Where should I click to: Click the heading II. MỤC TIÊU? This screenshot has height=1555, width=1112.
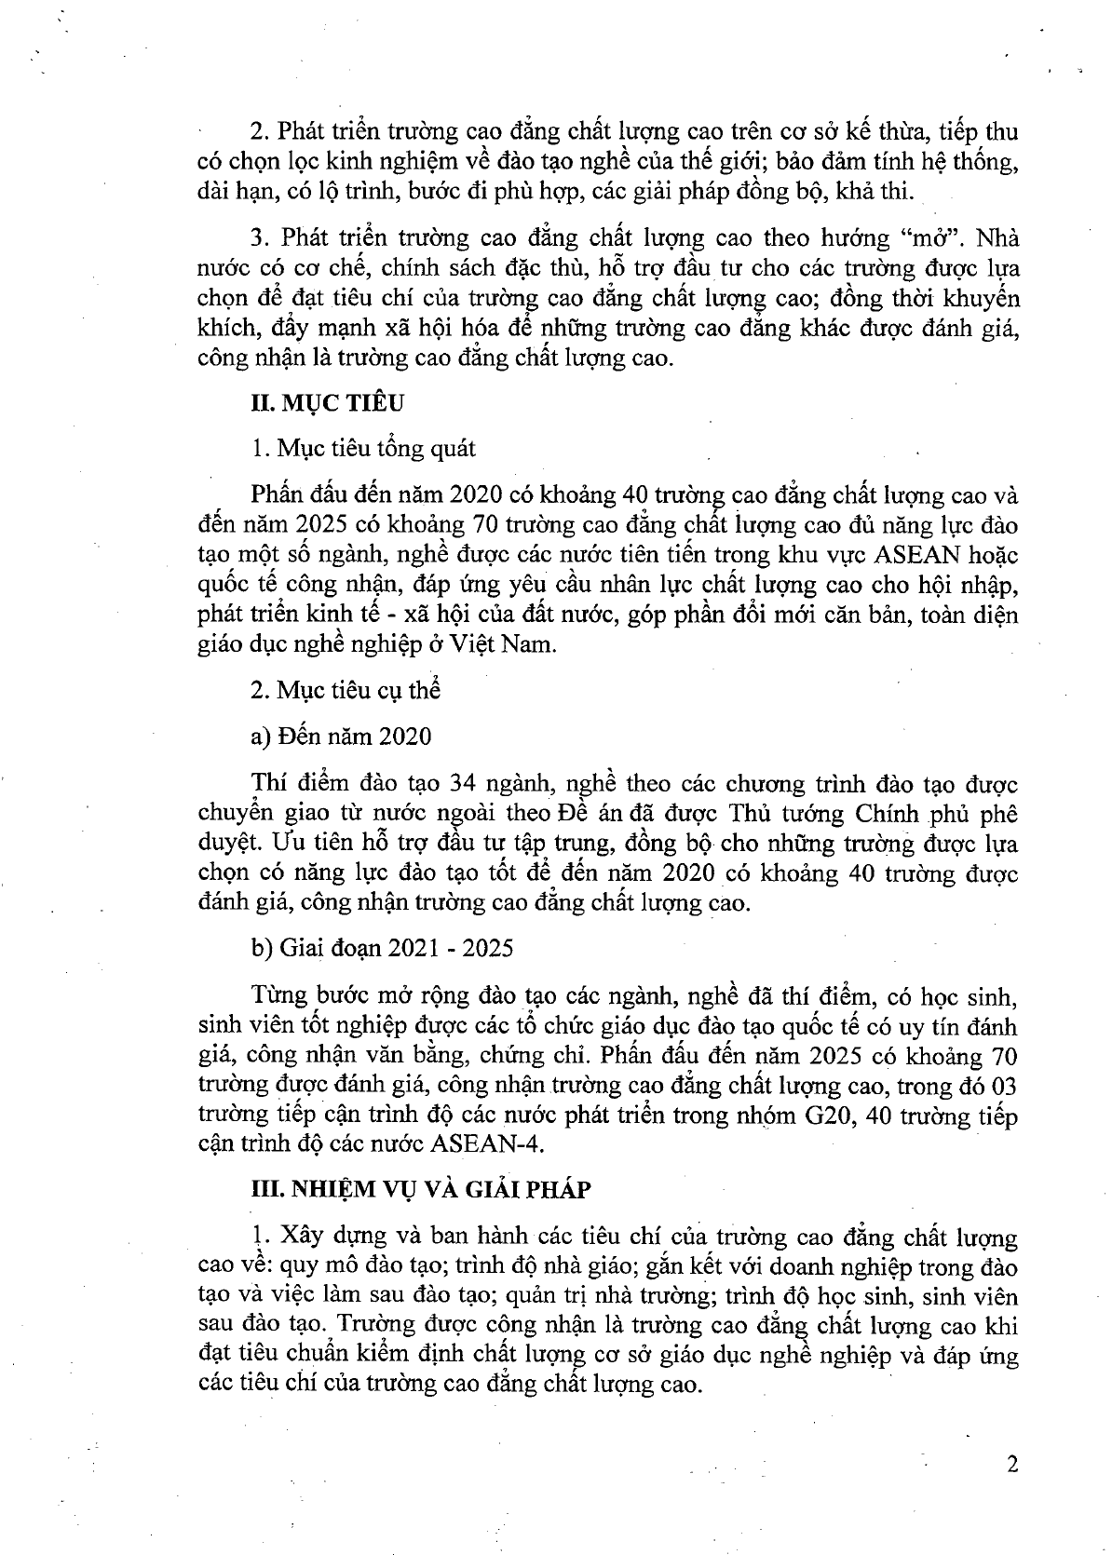click(327, 402)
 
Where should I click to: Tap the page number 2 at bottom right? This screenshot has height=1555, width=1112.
click(1012, 1463)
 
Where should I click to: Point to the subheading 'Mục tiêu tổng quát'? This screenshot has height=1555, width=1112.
click(364, 448)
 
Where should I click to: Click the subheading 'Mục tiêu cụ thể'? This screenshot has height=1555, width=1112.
click(346, 690)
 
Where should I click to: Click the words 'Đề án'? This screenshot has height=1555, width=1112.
click(583, 813)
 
